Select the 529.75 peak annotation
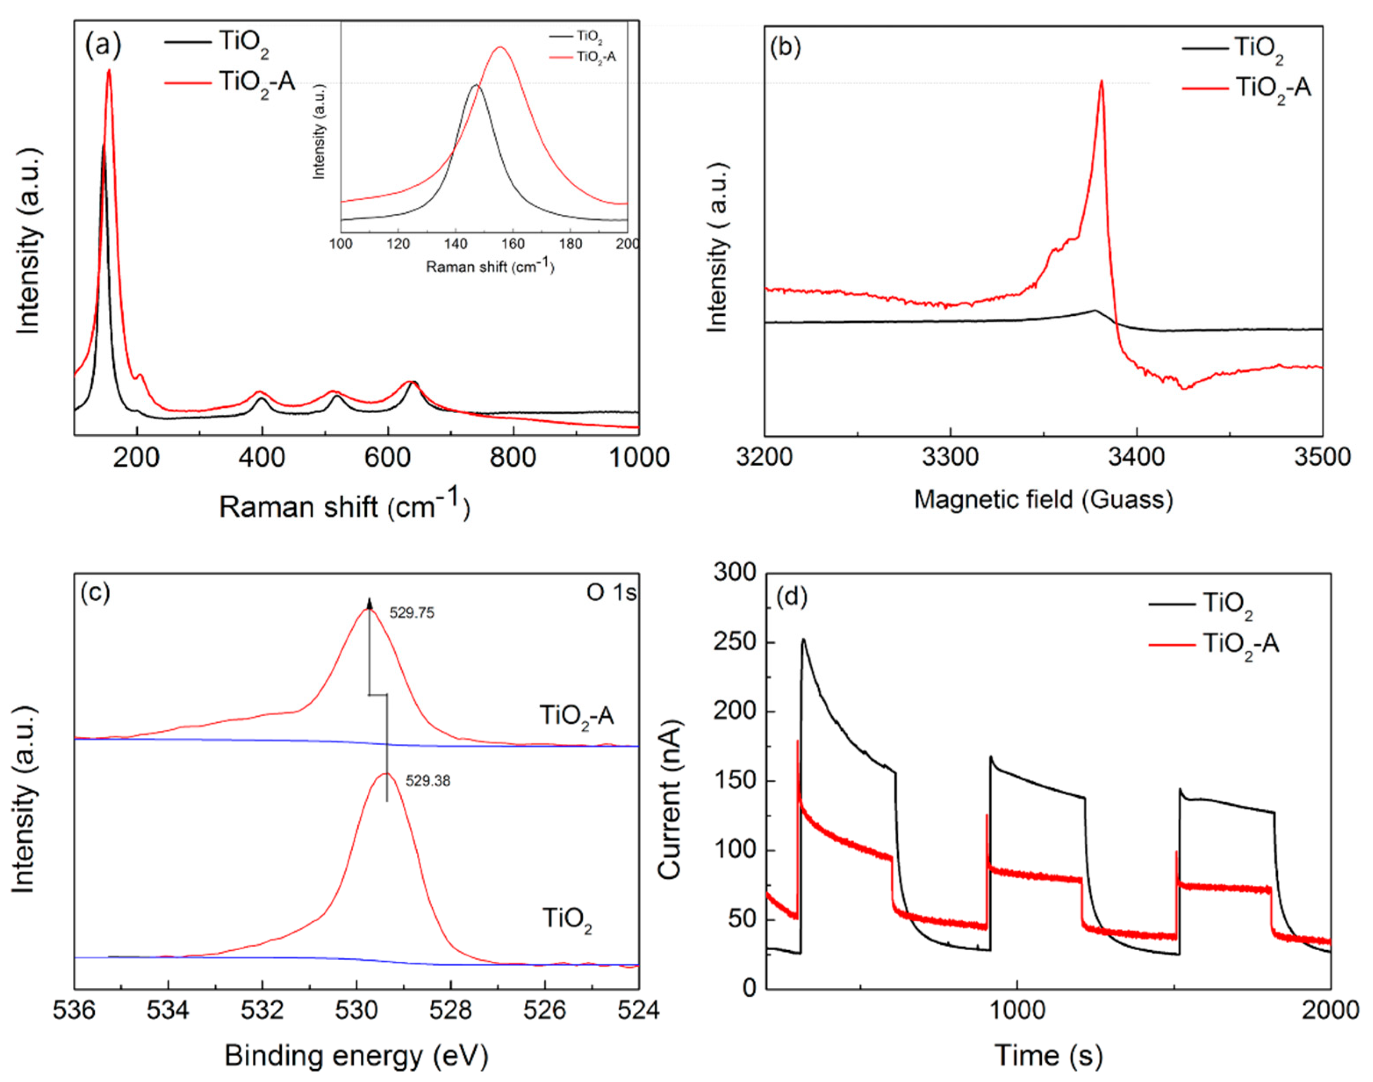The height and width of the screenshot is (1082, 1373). point(412,613)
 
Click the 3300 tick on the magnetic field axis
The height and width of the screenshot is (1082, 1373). point(951,457)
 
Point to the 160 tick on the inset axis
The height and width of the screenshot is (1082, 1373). point(513,244)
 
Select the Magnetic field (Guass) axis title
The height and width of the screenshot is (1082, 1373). point(1043,500)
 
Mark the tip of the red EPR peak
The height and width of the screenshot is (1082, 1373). point(1102,80)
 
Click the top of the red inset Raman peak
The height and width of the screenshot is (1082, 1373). point(500,47)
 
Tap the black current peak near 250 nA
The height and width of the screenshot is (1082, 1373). point(803,639)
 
